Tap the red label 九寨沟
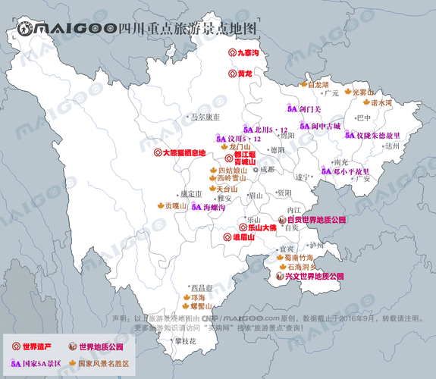[x=249, y=53]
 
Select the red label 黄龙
[x=244, y=74]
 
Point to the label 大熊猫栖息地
[x=184, y=152]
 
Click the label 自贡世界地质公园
[x=315, y=219]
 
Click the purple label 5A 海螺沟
[x=209, y=206]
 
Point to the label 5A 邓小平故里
[x=350, y=172]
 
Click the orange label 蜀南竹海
[x=299, y=258]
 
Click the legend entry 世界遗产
[x=36, y=346]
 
